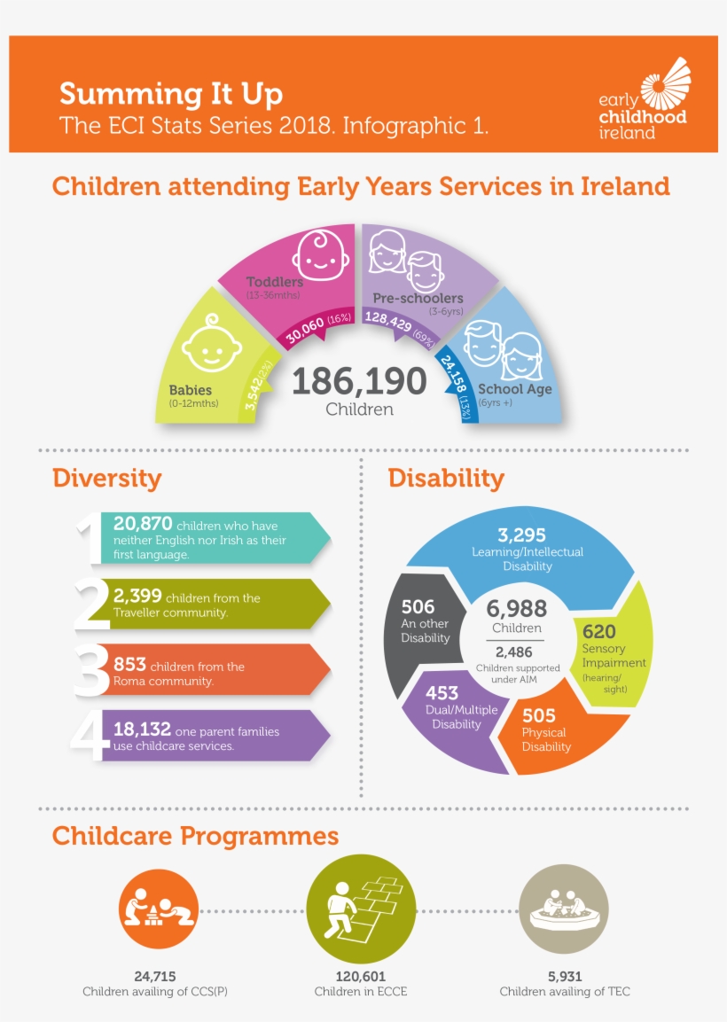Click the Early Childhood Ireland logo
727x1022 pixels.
pos(645,98)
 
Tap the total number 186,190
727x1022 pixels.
pos(359,381)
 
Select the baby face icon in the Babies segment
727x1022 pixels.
pos(211,345)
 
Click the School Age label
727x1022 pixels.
pos(514,389)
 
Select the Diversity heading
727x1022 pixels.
pos(106,479)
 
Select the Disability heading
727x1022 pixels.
pos(446,479)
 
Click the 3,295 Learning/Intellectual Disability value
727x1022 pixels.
pos(521,535)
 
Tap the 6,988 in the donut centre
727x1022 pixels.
pos(517,609)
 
